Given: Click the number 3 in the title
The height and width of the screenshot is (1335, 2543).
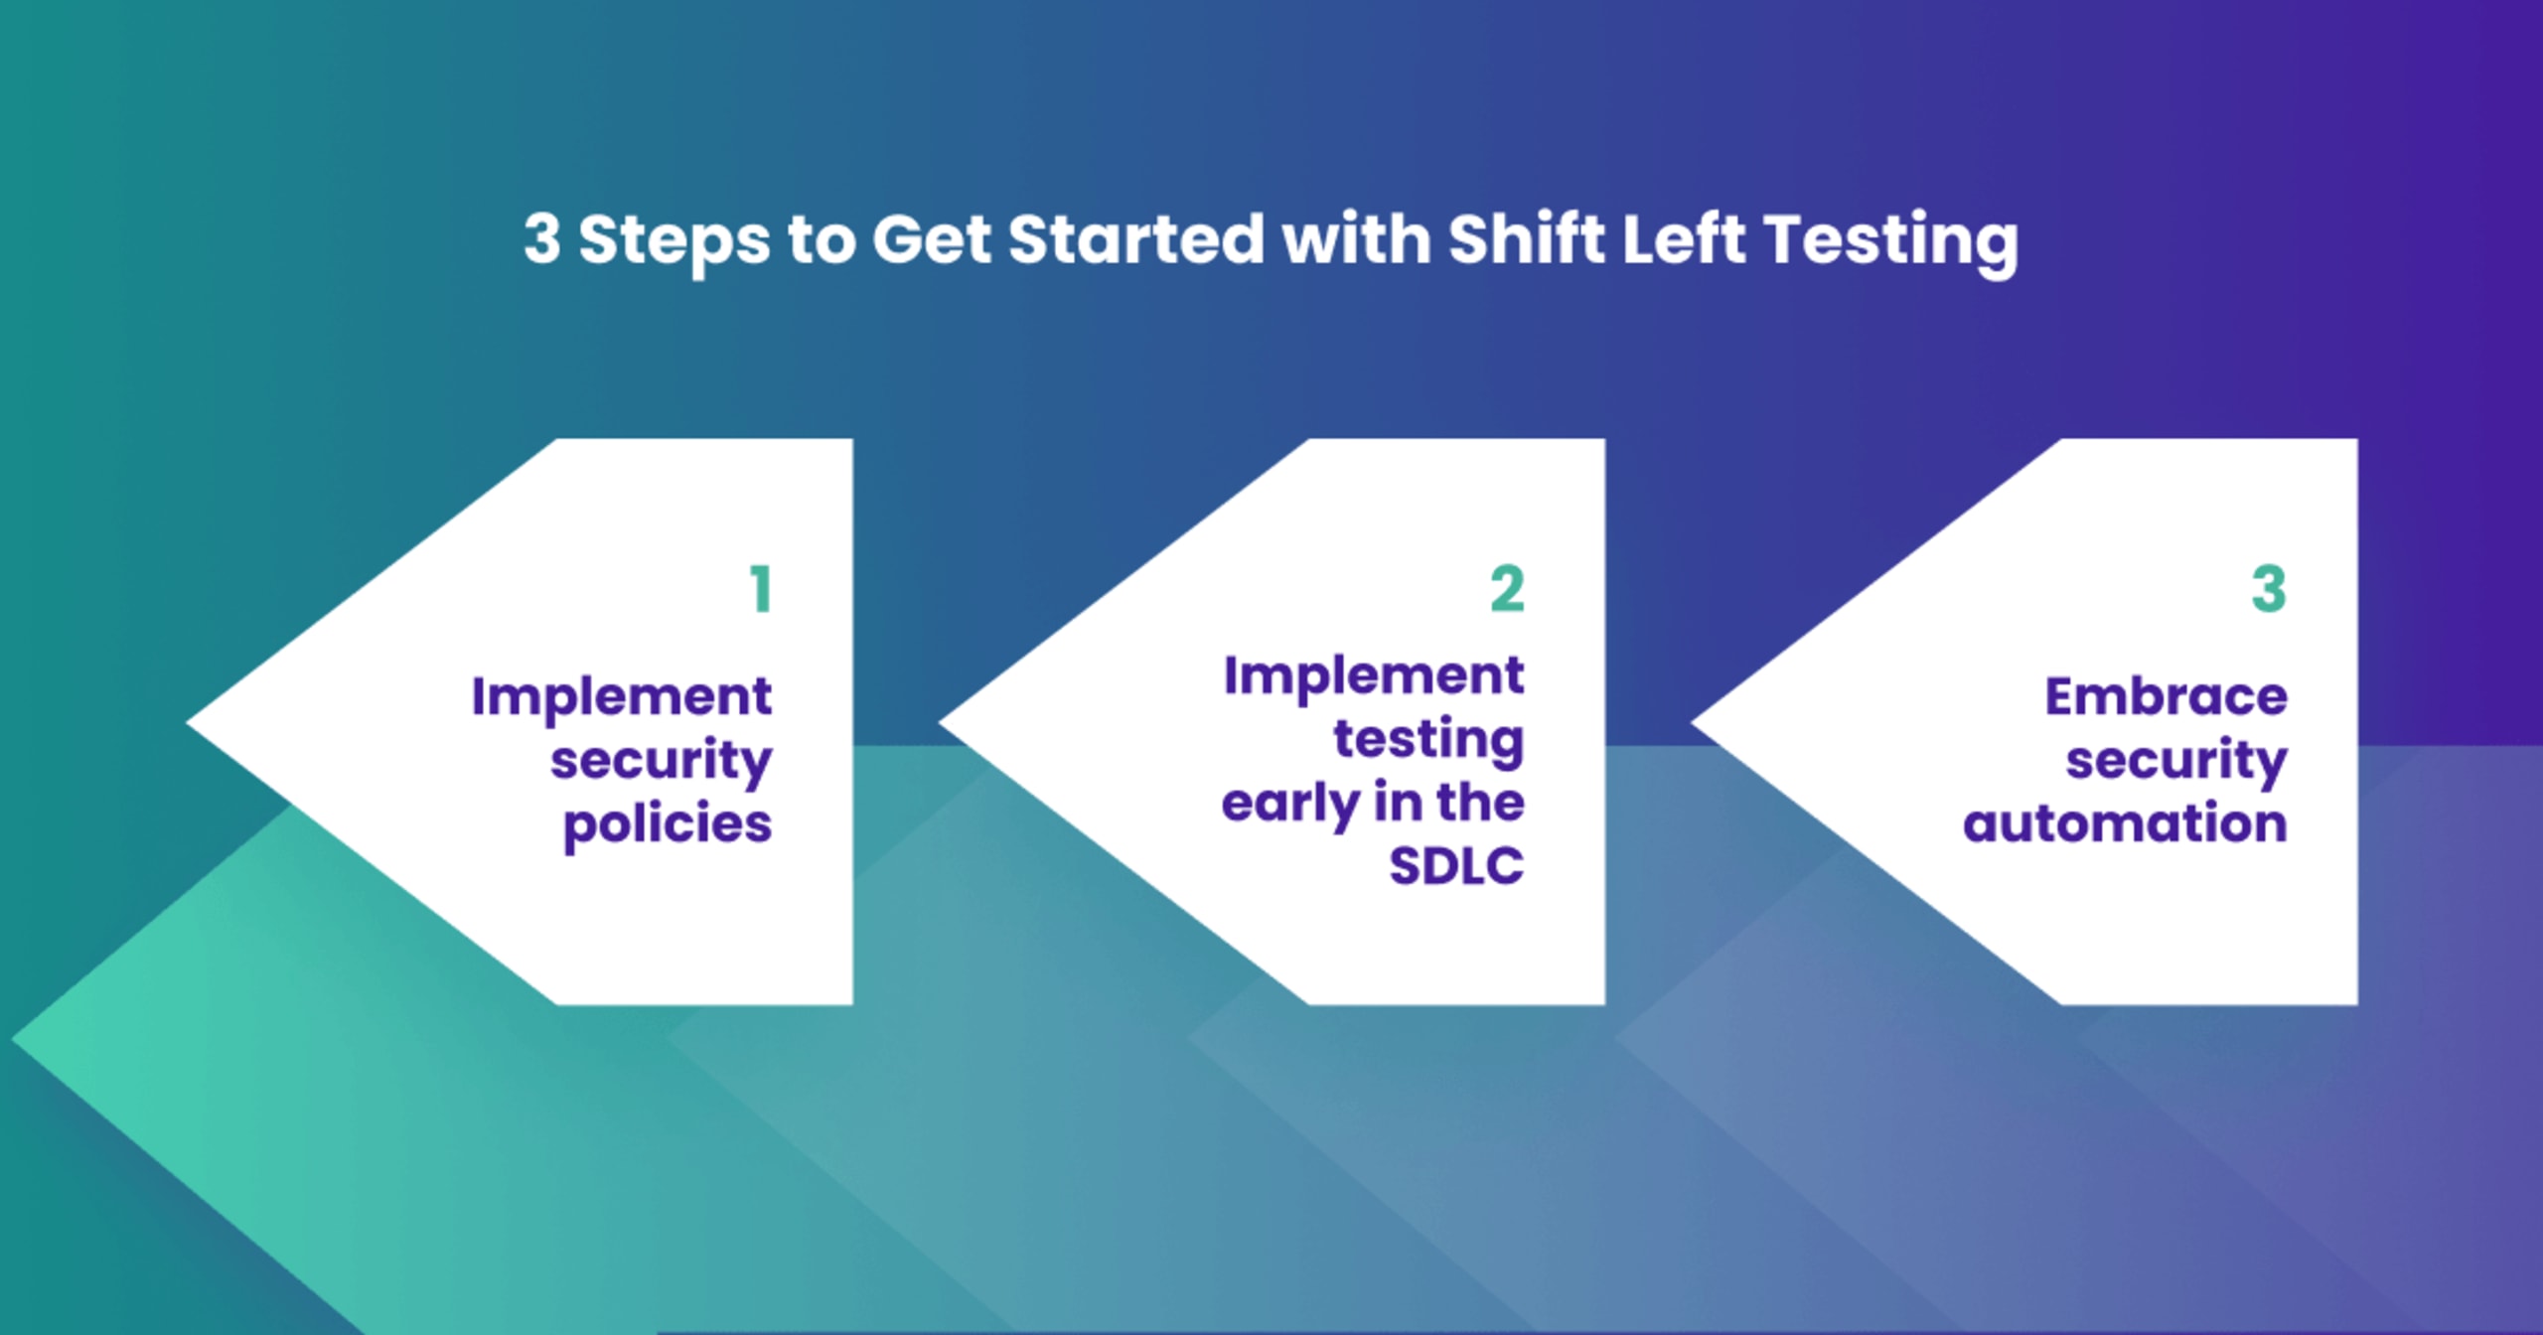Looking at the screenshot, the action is (542, 239).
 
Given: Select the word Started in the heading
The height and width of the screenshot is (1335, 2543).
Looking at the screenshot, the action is (1135, 239).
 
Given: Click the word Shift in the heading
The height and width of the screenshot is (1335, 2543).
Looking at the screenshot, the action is (1526, 238).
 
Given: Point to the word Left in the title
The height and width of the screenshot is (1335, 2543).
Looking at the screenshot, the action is (1684, 238).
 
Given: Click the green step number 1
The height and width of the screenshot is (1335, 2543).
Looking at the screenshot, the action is (761, 589).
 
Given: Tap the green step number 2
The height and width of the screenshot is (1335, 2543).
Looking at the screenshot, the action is (1507, 589).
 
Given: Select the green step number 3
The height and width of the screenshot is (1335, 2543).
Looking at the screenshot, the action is (2269, 589).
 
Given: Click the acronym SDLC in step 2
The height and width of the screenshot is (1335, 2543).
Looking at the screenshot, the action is (1456, 865).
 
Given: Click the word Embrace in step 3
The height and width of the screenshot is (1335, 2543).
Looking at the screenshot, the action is (2167, 696).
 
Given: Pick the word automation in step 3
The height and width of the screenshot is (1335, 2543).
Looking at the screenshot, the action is (2126, 824).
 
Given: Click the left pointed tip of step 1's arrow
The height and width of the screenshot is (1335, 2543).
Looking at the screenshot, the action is (188, 722).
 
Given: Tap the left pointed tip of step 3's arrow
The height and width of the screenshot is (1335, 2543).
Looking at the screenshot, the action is (1693, 722).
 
